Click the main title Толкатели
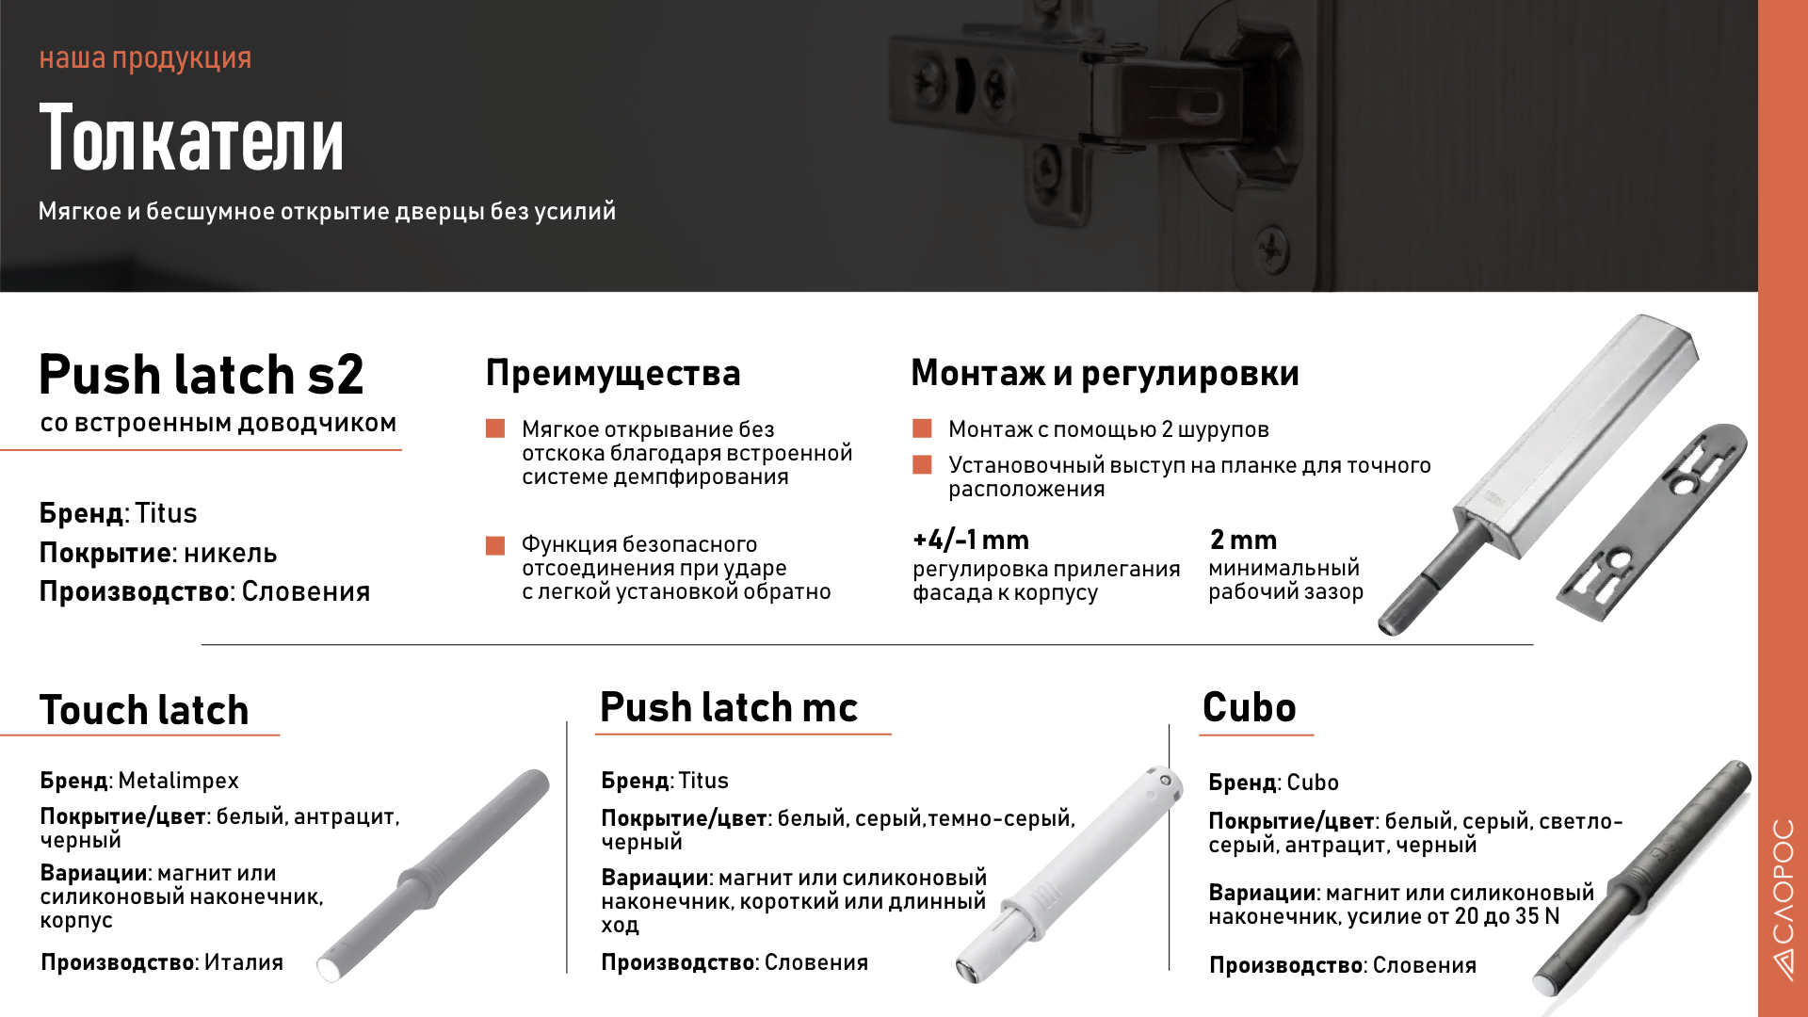[x=191, y=139]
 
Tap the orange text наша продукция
[x=145, y=58]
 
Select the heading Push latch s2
[x=201, y=375]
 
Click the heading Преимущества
[x=613, y=373]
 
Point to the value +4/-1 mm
[x=970, y=541]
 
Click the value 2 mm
[x=1243, y=541]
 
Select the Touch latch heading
[x=144, y=710]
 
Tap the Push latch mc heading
[x=728, y=707]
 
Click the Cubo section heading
[x=1249, y=708]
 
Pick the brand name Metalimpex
[x=178, y=781]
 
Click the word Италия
[x=243, y=962]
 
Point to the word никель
[x=230, y=554]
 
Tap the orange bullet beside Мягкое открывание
[x=495, y=429]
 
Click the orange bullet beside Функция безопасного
[x=495, y=545]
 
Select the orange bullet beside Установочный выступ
[x=922, y=465]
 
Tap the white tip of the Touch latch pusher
[x=330, y=968]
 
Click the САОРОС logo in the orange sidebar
[x=1783, y=899]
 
